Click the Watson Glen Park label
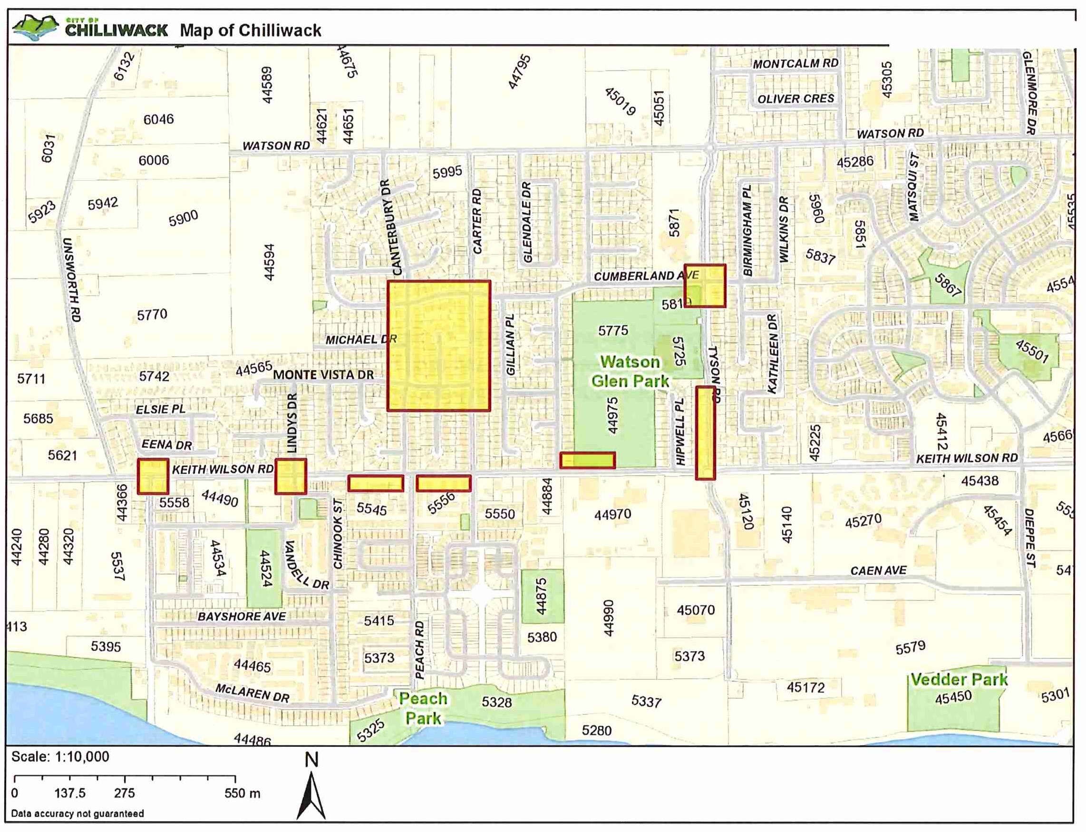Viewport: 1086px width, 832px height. [x=630, y=372]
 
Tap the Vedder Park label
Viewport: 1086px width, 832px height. [x=959, y=680]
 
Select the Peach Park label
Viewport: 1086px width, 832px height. [x=423, y=709]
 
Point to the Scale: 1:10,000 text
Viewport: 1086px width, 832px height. [x=60, y=757]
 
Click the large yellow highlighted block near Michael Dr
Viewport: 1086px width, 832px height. [x=438, y=346]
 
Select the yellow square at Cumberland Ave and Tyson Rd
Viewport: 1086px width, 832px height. [x=705, y=286]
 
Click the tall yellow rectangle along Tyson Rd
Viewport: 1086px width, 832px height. [x=705, y=433]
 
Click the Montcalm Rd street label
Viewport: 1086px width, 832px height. [x=795, y=64]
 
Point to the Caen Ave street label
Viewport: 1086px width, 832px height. [x=878, y=571]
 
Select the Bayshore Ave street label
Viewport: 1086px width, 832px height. [x=242, y=617]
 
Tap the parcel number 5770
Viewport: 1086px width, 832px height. [x=152, y=314]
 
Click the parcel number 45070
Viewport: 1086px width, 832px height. [x=696, y=610]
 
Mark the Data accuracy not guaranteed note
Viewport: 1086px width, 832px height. [x=77, y=813]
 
